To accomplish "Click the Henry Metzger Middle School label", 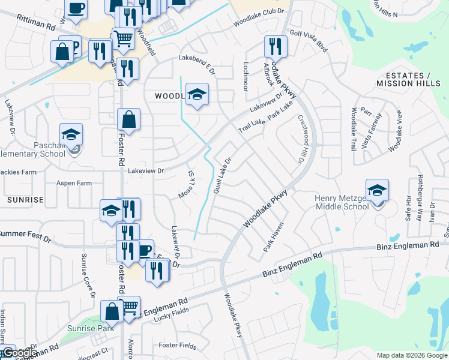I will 342,202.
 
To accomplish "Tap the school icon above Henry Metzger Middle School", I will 377,190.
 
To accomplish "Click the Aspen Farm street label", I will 74,183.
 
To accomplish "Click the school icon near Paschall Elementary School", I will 71,134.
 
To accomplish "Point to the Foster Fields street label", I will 178,346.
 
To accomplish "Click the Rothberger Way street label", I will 420,207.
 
